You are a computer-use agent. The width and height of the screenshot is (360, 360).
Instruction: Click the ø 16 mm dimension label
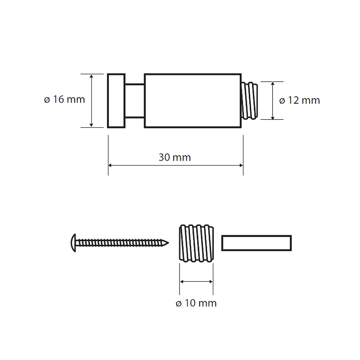64,99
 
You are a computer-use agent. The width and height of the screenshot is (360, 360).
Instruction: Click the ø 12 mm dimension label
299,100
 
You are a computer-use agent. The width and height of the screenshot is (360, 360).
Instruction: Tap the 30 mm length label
175,157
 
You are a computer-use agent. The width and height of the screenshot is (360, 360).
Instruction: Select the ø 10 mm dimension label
196,303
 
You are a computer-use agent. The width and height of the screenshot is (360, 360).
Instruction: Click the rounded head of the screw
73,243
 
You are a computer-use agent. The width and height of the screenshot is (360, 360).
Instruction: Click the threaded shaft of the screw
119,243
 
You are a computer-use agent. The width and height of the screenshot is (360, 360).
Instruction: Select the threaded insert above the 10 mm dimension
196,243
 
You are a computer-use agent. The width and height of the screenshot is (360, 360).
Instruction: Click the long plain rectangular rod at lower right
256,243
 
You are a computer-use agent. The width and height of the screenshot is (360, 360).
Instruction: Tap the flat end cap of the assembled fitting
116,100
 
